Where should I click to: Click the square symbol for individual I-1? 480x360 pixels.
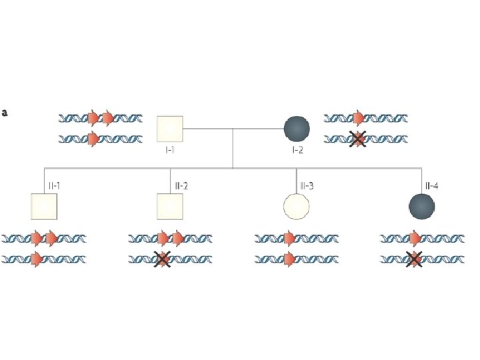[169, 129]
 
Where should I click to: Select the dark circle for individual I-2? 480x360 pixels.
[297, 129]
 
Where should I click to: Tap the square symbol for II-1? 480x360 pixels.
[44, 207]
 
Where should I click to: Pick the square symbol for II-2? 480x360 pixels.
[169, 207]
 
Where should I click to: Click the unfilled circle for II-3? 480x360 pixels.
[296, 207]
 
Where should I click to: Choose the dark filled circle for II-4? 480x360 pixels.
[421, 207]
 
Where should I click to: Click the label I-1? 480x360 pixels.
[170, 150]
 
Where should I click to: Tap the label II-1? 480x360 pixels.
[53, 185]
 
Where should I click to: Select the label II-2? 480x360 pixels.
[181, 185]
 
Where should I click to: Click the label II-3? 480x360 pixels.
[307, 185]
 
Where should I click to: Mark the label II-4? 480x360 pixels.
[431, 185]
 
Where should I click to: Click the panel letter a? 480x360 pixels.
[5, 113]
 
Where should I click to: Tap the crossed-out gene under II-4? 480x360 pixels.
[414, 259]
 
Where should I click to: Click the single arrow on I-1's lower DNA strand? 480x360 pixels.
[94, 139]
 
